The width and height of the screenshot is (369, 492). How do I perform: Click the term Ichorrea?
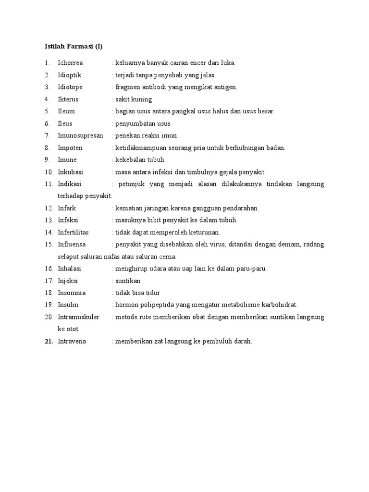(70, 63)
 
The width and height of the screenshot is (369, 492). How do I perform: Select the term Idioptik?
(70, 75)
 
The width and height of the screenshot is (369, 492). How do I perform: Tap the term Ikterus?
(68, 99)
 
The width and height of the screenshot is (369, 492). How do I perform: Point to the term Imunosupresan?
(80, 136)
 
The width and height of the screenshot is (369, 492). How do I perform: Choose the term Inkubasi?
(70, 172)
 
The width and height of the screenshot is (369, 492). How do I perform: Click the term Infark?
(67, 208)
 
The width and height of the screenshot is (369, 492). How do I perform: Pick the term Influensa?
(72, 245)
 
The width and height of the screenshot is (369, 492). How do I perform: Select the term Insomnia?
(72, 293)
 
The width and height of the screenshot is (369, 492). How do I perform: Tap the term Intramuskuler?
(78, 317)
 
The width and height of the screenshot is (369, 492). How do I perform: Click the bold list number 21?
(48, 342)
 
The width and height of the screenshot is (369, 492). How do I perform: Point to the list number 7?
(47, 136)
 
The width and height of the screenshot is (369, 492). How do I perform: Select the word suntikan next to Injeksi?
(128, 281)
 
